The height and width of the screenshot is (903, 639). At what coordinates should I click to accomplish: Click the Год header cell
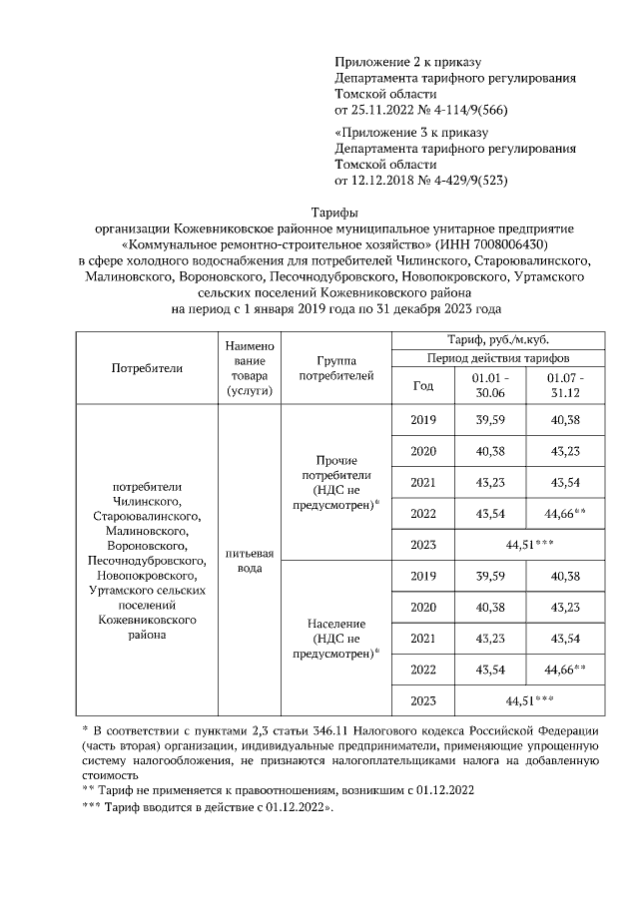[423, 385]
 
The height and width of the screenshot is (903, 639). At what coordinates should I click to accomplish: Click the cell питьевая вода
[249, 559]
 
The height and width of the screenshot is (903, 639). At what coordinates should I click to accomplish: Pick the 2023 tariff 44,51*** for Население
[528, 699]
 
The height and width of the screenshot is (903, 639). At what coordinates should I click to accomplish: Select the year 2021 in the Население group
[423, 637]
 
